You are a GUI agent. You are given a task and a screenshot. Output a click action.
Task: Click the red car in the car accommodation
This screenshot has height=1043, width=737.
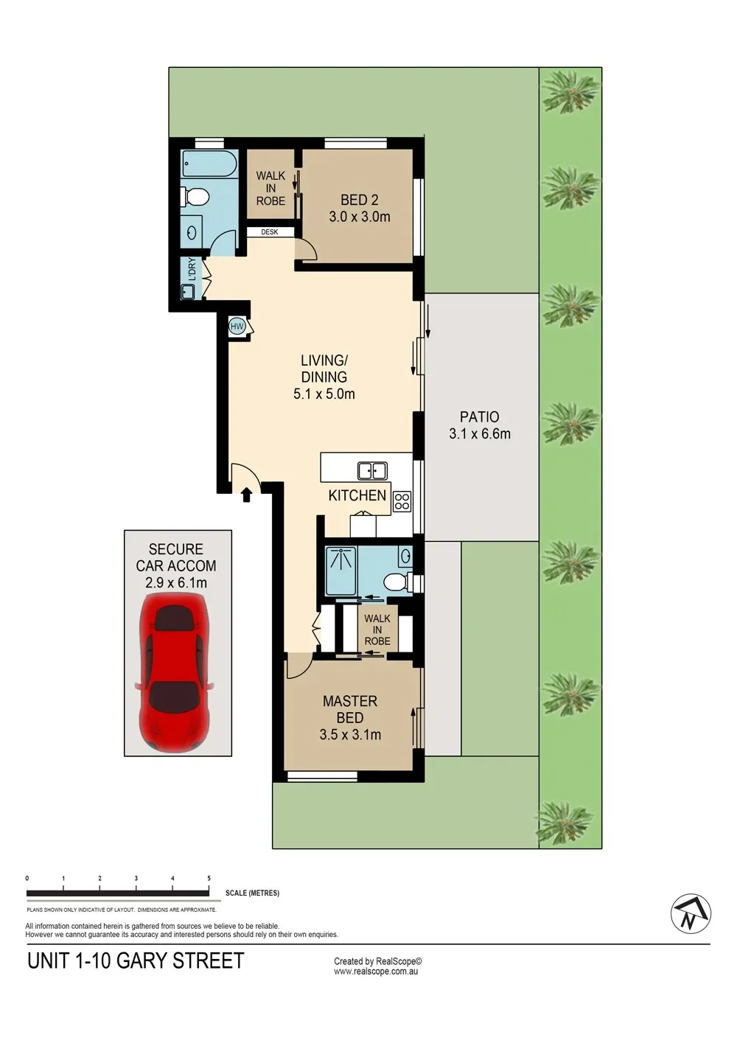coord(174,677)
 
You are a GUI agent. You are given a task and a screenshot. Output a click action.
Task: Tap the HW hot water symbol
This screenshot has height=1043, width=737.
coord(237,327)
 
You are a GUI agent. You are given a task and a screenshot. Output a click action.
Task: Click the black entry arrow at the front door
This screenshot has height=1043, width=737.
coord(246,495)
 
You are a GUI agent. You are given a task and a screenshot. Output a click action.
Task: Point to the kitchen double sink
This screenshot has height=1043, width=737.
coord(372,471)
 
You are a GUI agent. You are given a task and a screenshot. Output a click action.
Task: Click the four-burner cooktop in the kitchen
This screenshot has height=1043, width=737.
coord(402,501)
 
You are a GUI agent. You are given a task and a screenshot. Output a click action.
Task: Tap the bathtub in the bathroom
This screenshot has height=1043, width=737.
coord(209,163)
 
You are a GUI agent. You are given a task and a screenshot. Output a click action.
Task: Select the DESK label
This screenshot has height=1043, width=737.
coord(270,232)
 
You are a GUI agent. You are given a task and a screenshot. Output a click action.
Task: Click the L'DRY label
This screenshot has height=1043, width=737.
coord(192,270)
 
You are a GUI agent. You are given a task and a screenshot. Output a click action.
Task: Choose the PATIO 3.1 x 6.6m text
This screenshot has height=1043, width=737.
coord(480,425)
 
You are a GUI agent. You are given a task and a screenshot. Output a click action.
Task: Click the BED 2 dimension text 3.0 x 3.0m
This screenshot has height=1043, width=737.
coord(360,217)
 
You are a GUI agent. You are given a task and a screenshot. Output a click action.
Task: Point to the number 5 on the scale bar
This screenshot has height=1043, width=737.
coord(209,878)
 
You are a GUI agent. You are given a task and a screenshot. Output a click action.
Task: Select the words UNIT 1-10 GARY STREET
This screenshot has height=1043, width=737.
coord(136,960)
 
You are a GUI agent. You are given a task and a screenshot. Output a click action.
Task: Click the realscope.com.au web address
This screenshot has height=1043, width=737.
coord(376,972)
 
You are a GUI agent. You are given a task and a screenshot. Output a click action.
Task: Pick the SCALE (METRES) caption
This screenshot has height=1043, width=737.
coord(252,893)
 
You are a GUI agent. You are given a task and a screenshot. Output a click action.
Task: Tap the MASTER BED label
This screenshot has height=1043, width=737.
coord(350,709)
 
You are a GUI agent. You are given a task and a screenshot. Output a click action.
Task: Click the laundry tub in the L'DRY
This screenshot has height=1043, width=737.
coord(188,291)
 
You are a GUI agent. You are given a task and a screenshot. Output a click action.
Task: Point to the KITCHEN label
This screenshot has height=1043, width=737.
coord(357,495)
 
